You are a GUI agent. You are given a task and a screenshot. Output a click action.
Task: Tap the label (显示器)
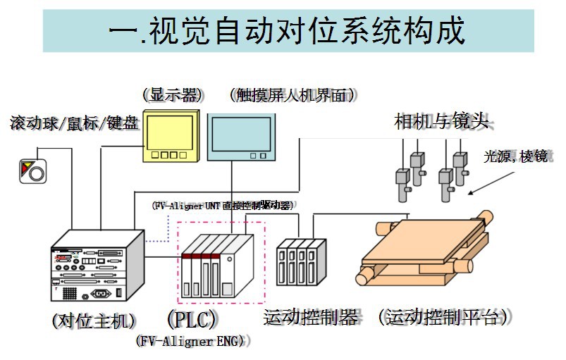point(171,94)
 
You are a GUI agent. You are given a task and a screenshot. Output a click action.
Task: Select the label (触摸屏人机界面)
point(292,94)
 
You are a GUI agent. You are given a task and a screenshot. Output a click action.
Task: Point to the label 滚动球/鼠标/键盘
point(73,124)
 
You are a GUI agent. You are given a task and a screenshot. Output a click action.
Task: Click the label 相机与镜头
point(441,121)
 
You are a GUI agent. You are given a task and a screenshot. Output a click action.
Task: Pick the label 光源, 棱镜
point(515,156)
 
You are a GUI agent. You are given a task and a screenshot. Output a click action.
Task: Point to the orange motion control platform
point(423,247)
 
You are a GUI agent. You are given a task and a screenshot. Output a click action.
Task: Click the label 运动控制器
point(310,318)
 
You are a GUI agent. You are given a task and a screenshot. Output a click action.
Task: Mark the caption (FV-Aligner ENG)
point(190,341)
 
